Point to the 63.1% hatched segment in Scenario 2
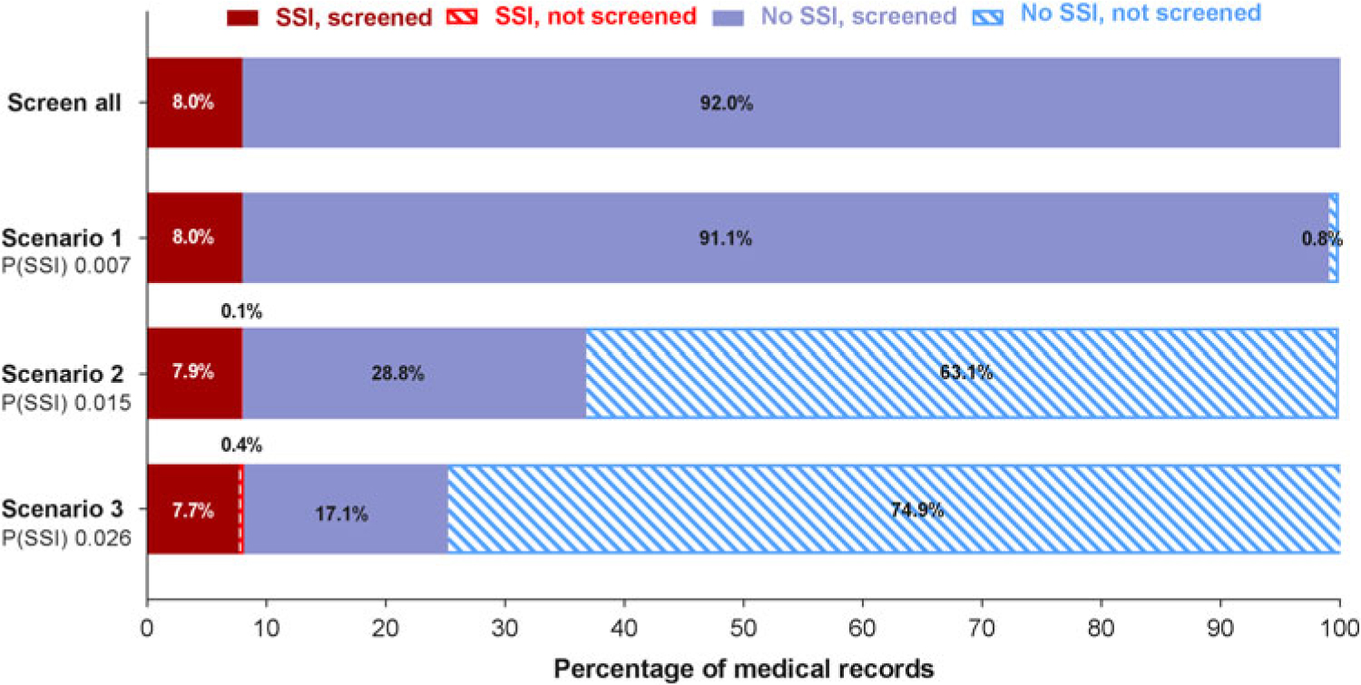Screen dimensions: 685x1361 click(x=962, y=373)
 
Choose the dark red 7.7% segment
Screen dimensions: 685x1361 click(x=192, y=510)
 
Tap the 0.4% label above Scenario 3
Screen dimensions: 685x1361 click(x=241, y=445)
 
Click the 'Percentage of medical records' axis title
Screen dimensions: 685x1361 click(x=744, y=669)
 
